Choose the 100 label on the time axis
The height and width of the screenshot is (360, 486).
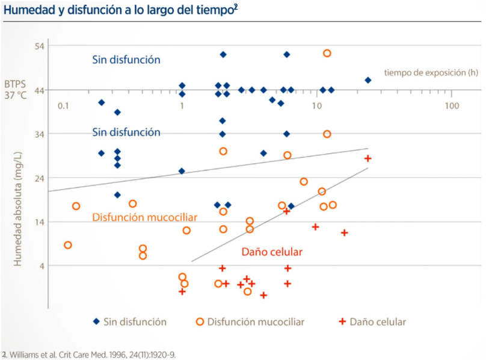click(452, 106)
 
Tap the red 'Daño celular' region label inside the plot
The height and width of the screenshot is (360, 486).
click(272, 252)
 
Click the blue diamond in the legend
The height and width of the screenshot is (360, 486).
click(97, 321)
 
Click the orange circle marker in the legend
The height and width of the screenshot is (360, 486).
click(200, 321)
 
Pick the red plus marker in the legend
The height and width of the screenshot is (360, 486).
click(342, 321)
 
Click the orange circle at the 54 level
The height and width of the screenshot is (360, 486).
click(327, 53)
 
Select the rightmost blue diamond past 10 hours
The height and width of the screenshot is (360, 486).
click(368, 80)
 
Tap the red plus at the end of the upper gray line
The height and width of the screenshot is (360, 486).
click(368, 158)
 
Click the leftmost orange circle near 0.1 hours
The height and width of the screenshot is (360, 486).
click(68, 245)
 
